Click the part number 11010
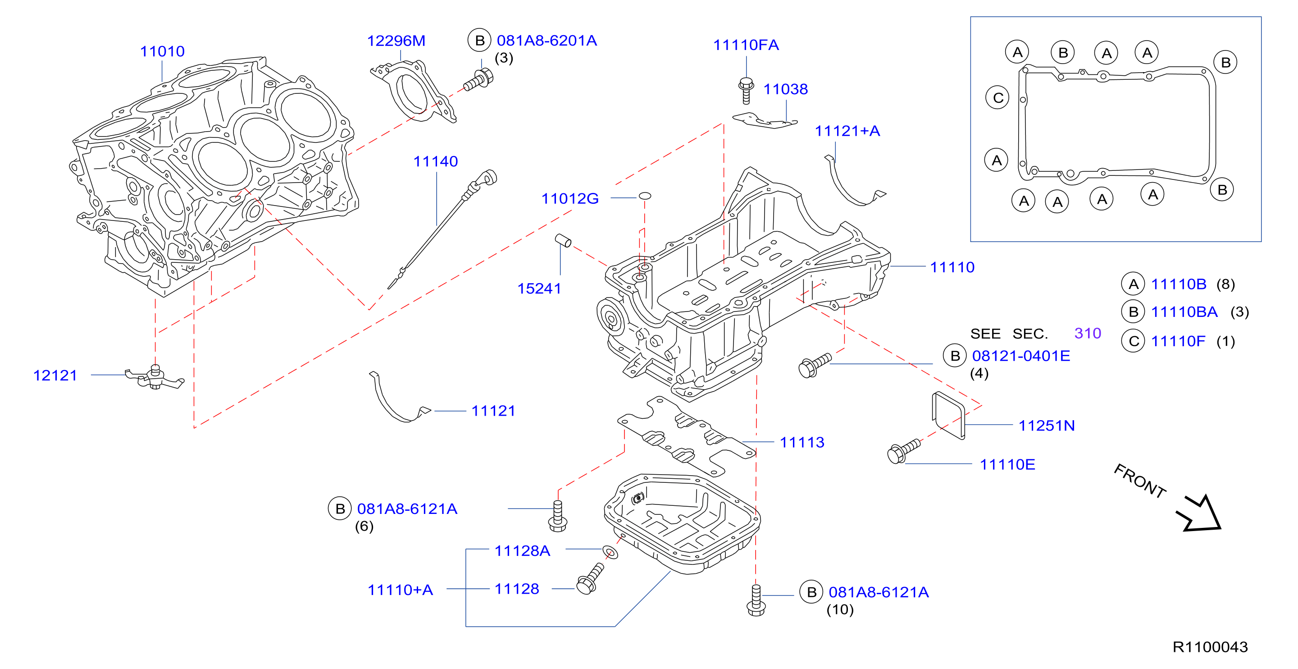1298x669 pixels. (162, 51)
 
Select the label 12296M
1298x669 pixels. (396, 41)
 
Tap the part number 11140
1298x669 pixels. (435, 161)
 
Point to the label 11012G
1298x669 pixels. (570, 199)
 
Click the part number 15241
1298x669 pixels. (539, 289)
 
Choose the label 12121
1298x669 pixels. (55, 376)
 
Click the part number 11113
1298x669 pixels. (802, 443)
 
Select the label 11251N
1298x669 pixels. (1047, 426)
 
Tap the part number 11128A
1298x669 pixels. (522, 551)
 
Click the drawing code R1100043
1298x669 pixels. (1210, 647)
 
